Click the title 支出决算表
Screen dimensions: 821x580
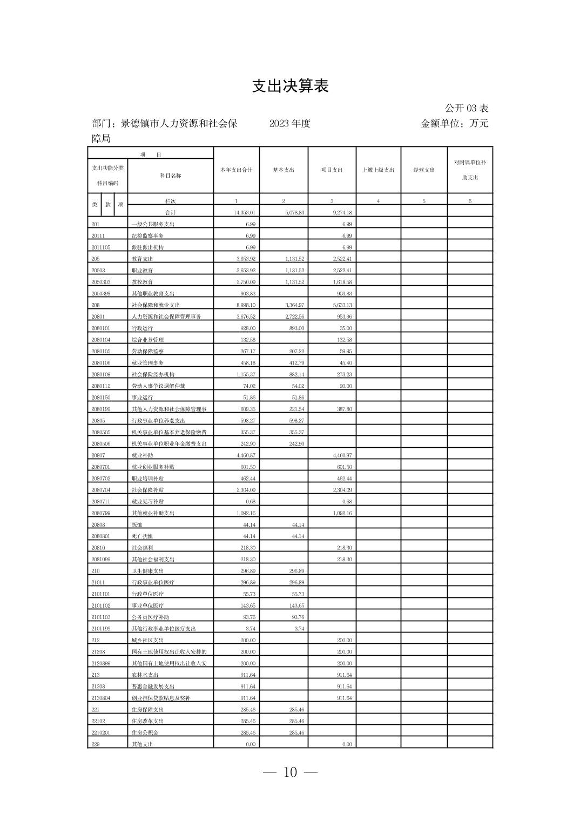290,86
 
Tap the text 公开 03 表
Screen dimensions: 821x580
467,109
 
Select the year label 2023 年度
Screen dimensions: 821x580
290,123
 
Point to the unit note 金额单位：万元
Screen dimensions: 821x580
454,123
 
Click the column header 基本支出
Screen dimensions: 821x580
284,170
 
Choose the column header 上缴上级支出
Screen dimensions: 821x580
378,170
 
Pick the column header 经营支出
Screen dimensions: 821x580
424,170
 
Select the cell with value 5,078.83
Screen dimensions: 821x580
294,213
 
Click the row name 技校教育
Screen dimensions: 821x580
143,282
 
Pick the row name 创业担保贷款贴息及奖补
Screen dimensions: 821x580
161,698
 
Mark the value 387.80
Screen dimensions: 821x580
344,409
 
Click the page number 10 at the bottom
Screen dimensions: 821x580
290,772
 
